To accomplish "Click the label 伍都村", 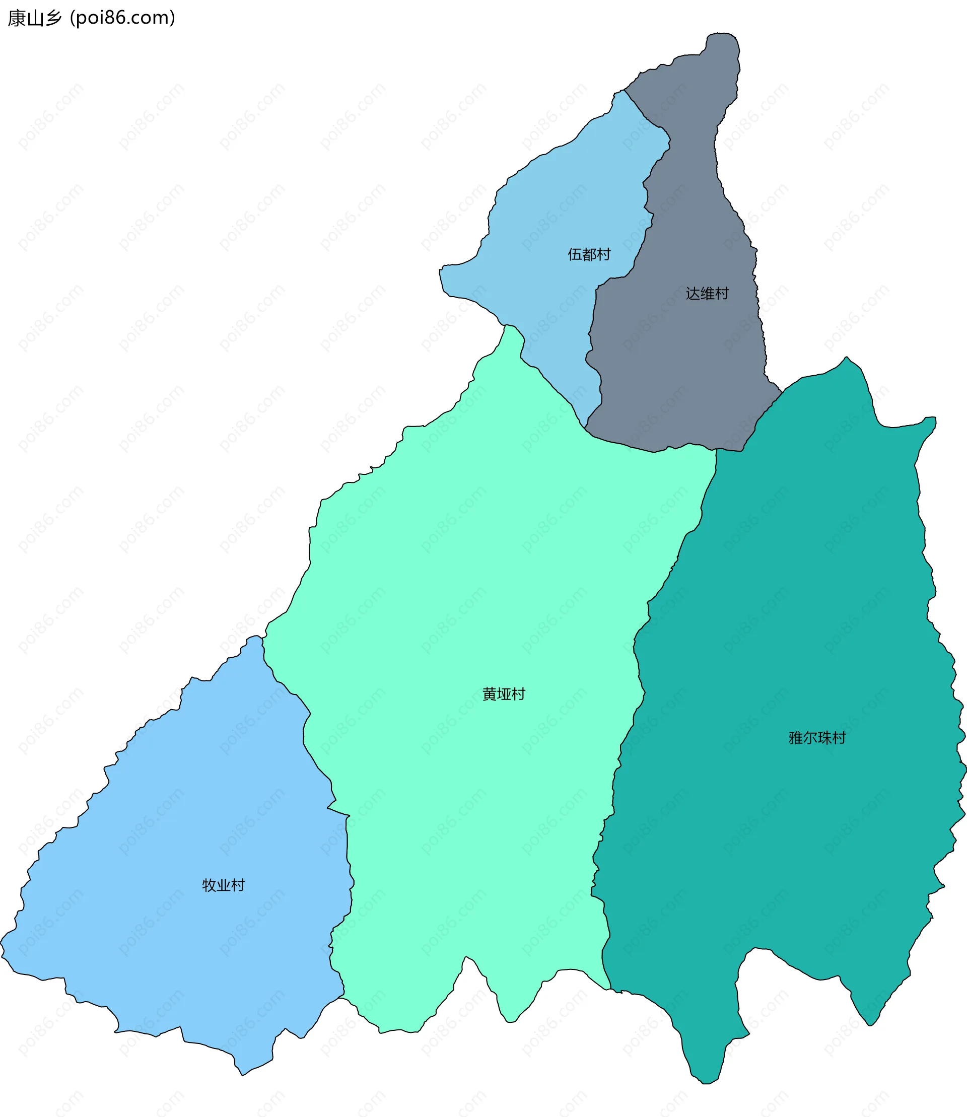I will tap(589, 254).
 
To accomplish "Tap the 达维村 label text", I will tap(707, 294).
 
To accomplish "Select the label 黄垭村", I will tap(504, 694).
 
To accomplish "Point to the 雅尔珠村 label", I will tap(817, 738).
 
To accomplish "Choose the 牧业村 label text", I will tap(224, 885).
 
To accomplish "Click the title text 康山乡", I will tap(35, 18).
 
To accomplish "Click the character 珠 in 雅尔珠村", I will tap(824, 738).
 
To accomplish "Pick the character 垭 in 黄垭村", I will tap(504, 694).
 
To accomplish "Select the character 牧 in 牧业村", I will tap(209, 885).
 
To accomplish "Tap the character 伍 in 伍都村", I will tap(574, 254).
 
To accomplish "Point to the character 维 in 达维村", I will tap(707, 294).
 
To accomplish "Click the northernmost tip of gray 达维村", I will tap(722, 33).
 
